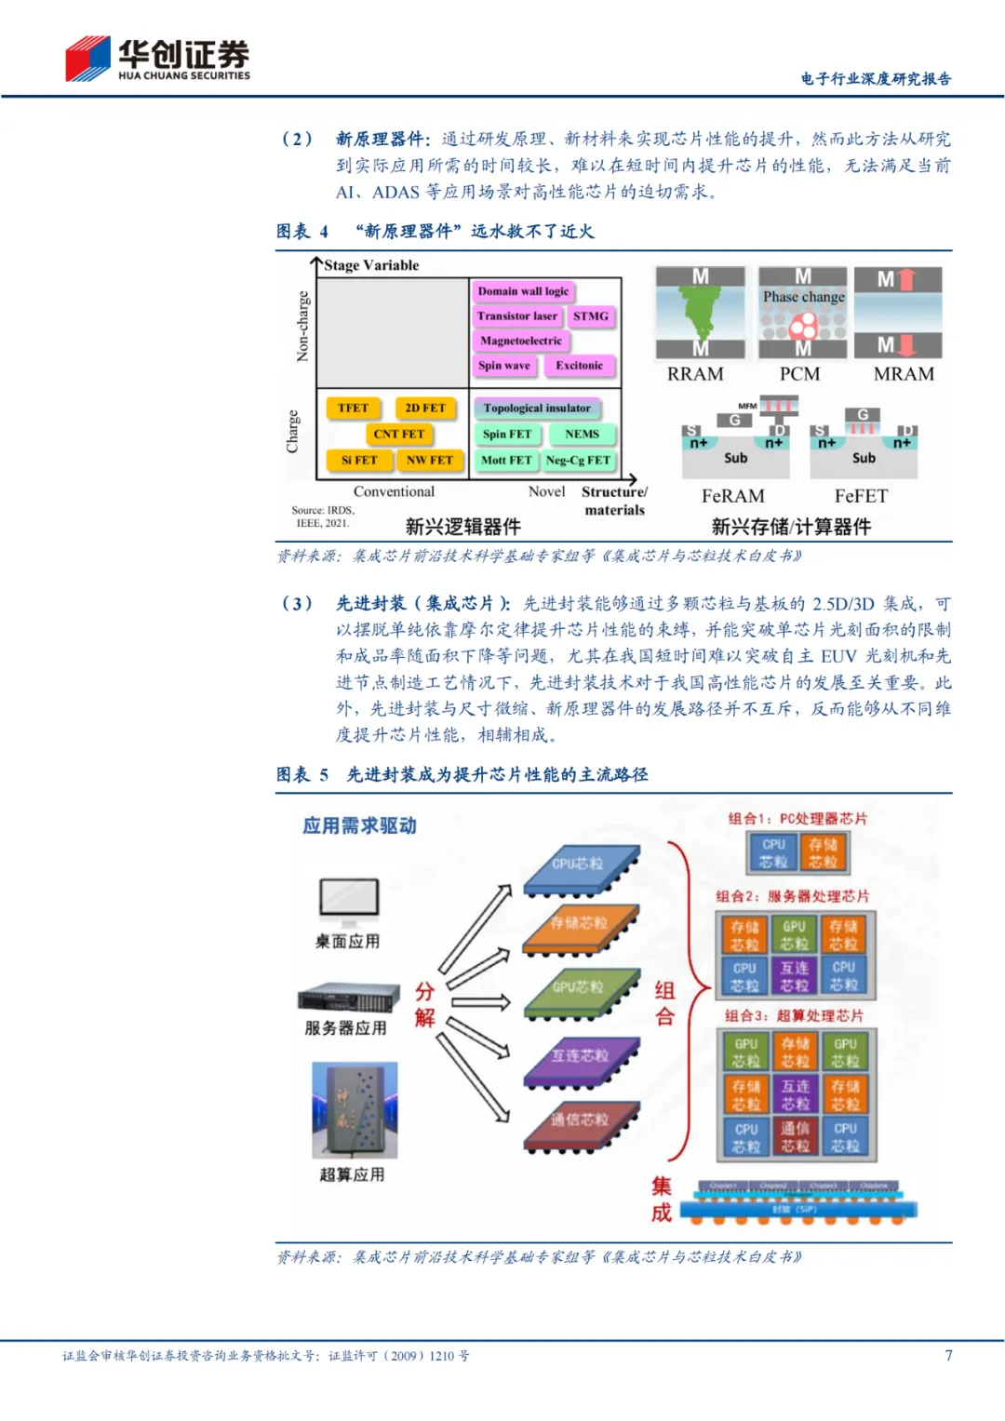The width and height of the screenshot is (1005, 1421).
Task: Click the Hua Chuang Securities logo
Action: pyautogui.click(x=156, y=60)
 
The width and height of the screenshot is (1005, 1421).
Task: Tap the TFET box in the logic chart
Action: pyautogui.click(x=354, y=408)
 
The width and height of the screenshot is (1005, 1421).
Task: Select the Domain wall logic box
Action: pyautogui.click(x=523, y=291)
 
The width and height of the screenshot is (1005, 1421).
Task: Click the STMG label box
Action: pyautogui.click(x=591, y=316)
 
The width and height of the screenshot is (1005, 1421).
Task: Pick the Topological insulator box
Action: pyautogui.click(x=537, y=408)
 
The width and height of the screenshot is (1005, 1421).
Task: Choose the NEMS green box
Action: pyautogui.click(x=583, y=434)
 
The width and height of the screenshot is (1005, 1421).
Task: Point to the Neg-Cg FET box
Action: pyautogui.click(x=578, y=460)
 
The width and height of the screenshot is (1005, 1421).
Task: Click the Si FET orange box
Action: pyautogui.click(x=359, y=460)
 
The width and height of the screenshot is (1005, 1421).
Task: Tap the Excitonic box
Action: pyautogui.click(x=579, y=366)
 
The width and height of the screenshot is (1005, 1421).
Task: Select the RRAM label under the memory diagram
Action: pyautogui.click(x=695, y=374)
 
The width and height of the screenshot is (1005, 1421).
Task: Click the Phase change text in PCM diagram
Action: pyautogui.click(x=804, y=297)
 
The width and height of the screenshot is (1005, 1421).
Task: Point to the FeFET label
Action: pyautogui.click(x=861, y=496)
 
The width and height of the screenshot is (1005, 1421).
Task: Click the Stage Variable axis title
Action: pyautogui.click(x=371, y=265)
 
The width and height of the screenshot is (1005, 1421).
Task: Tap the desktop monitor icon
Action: pyautogui.click(x=349, y=899)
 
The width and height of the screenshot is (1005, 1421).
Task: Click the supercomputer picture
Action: pyautogui.click(x=355, y=1110)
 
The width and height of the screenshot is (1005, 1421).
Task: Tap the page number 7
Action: pyautogui.click(x=948, y=1355)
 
